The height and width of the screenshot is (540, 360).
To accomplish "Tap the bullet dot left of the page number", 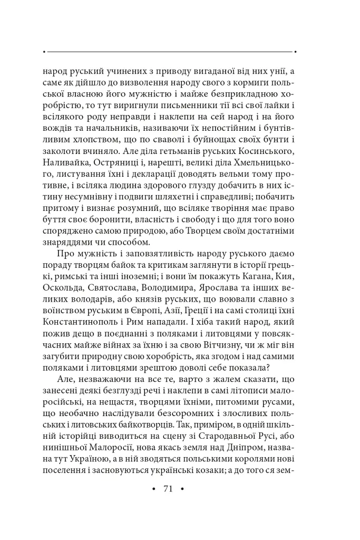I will tap(153, 489).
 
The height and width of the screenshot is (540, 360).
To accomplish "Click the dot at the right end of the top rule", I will tap(296, 52).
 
